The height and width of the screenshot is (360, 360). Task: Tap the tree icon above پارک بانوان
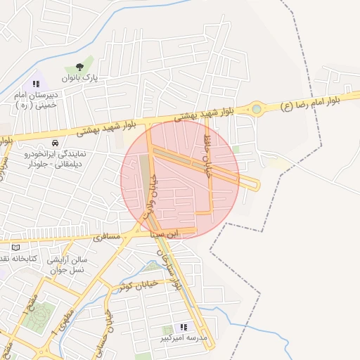[x=79, y=67]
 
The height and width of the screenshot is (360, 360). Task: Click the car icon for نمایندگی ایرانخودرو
[x=65, y=144]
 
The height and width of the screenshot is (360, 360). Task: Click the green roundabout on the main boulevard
[x=257, y=109]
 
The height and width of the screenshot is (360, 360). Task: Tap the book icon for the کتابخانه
[x=15, y=248]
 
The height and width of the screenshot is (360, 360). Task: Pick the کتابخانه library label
[x=19, y=259]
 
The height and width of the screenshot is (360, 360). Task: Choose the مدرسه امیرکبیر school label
[x=184, y=339]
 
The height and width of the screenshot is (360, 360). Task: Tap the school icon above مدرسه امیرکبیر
[x=184, y=327]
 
